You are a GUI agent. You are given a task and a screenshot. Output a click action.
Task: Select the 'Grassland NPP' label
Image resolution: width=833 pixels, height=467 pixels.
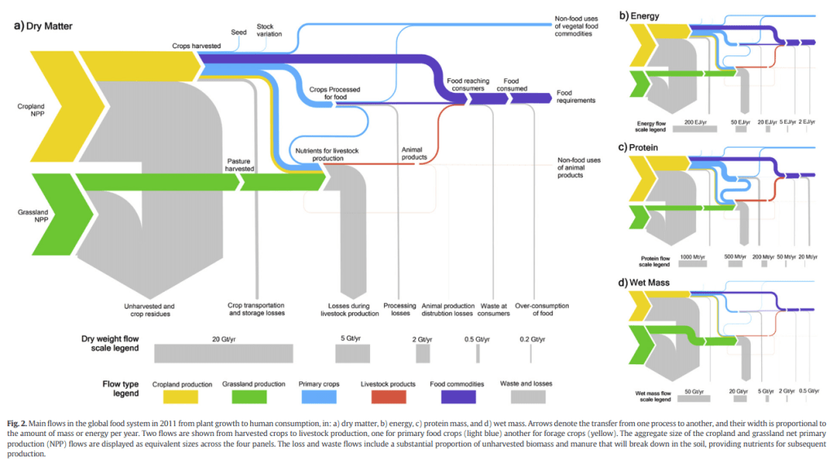31,216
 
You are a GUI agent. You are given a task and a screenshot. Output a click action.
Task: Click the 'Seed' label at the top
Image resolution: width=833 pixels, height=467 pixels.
239,32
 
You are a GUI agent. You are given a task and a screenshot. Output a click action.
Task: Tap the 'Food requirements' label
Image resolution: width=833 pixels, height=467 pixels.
575,96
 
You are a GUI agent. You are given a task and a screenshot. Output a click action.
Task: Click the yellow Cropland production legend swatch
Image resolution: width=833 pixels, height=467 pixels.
187,396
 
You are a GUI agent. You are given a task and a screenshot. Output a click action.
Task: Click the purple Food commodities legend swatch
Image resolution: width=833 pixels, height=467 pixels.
464,396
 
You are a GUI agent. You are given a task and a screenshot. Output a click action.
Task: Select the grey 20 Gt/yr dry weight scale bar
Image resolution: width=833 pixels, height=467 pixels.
223,353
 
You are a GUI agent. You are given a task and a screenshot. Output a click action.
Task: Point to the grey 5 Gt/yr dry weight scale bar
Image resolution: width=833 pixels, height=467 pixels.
352,353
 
